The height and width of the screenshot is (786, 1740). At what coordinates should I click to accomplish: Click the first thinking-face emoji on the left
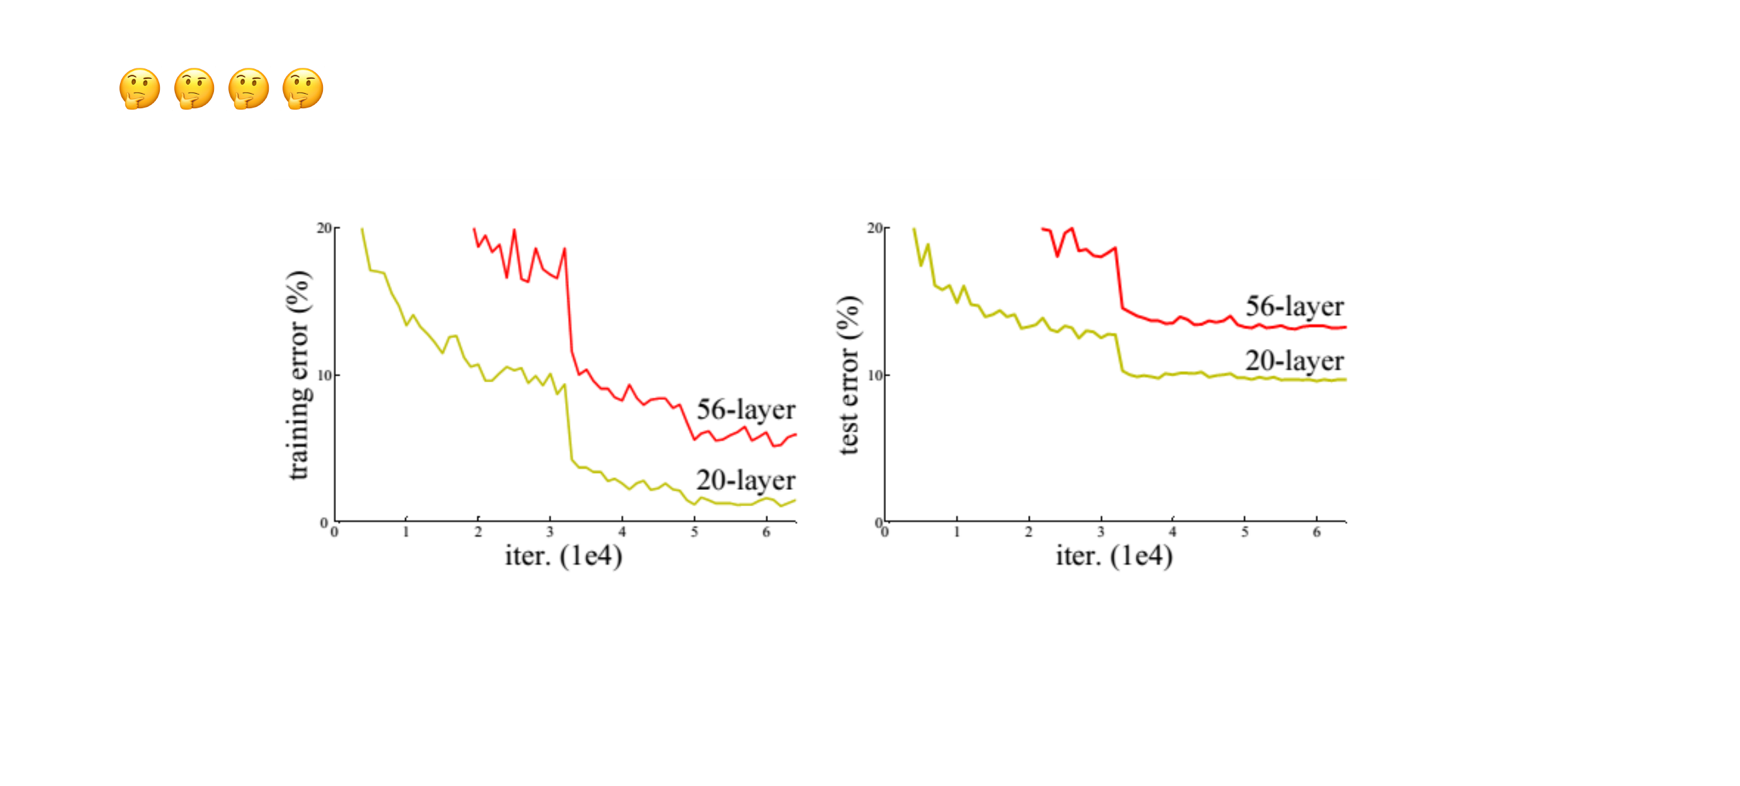pos(140,89)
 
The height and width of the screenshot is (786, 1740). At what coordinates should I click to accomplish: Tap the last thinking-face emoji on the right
pos(303,89)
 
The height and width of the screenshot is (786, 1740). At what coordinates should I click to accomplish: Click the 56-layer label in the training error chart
pos(746,410)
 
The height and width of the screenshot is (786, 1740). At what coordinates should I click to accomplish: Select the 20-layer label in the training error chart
pos(746,481)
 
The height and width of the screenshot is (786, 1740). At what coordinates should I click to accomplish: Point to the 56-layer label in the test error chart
pos(1294,307)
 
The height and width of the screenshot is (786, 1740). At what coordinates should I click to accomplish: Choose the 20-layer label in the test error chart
pos(1294,361)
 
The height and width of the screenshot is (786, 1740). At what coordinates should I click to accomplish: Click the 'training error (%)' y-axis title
pos(298,376)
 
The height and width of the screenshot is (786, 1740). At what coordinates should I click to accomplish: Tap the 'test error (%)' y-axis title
pos(848,376)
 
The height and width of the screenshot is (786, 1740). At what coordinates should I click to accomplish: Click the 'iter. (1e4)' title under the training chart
pos(563,556)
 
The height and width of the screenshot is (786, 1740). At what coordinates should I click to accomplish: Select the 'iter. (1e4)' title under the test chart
pos(1114,556)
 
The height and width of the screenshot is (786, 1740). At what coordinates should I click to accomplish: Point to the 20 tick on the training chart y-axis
pos(324,228)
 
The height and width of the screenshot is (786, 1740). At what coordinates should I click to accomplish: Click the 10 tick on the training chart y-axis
pos(324,376)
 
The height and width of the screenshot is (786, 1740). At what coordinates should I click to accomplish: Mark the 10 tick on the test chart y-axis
pos(875,376)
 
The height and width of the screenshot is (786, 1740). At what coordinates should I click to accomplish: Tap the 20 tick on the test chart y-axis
pos(875,228)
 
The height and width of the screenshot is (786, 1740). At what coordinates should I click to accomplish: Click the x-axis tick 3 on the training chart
pos(550,532)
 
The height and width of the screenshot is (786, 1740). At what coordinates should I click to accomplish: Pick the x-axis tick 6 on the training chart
pos(766,532)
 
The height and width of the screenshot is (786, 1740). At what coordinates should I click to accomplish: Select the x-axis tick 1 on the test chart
pos(956,532)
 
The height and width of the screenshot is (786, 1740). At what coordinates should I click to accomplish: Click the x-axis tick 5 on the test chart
pos(1244,532)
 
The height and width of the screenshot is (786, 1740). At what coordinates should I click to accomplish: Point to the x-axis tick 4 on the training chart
pos(622,532)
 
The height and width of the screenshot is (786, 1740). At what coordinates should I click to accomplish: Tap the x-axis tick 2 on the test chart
pos(1028,532)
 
